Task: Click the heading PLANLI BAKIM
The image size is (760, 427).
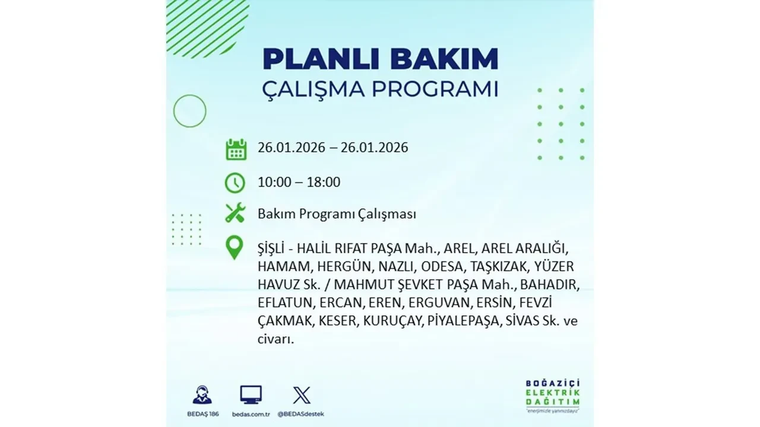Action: click(x=380, y=60)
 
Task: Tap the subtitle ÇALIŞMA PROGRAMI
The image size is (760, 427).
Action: click(x=380, y=89)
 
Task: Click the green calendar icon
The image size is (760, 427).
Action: click(x=236, y=149)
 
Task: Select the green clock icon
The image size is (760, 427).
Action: click(x=236, y=182)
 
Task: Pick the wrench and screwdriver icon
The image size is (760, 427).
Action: click(x=236, y=213)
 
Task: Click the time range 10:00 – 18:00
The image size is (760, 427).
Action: click(x=299, y=182)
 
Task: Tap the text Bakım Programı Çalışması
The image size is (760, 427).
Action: click(x=337, y=214)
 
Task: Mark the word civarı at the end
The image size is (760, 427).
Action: click(x=275, y=340)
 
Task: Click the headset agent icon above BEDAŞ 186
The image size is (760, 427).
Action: click(x=202, y=395)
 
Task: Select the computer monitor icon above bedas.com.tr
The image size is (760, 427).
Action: click(x=251, y=394)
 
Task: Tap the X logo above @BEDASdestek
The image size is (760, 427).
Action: click(x=302, y=395)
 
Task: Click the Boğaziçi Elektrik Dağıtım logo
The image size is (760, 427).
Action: click(x=552, y=394)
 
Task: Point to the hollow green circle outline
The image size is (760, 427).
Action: click(x=189, y=111)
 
